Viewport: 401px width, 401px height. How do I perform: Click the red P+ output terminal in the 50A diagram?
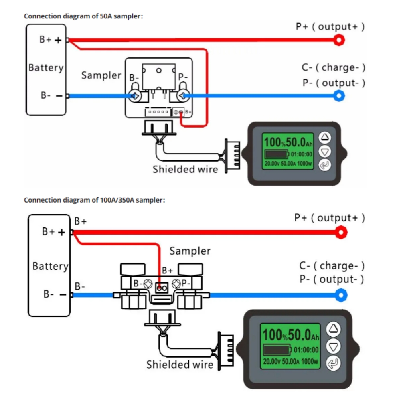tap(339, 40)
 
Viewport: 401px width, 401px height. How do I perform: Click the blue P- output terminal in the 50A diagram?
tap(339, 96)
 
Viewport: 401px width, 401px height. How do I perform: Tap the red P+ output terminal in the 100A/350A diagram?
tap(340, 232)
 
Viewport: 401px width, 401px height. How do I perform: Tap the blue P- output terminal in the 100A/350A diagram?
tap(340, 296)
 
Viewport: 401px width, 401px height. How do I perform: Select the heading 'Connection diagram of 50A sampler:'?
tap(83, 16)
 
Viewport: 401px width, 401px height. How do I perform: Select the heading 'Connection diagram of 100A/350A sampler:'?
tap(94, 200)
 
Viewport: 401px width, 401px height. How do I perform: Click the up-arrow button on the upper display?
tap(325, 138)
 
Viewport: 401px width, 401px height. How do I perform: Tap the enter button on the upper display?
tap(325, 165)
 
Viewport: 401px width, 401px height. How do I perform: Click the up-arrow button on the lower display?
tap(334, 329)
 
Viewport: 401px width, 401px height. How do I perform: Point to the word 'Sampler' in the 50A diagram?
tap(101, 75)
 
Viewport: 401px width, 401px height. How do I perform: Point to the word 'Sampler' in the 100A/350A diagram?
tap(190, 251)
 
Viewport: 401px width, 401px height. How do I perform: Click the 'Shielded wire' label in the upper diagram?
tap(185, 169)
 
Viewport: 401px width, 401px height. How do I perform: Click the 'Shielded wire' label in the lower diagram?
tap(180, 365)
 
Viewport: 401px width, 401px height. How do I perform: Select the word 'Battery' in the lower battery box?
tap(51, 266)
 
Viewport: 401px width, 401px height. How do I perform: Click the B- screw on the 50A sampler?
tap(135, 96)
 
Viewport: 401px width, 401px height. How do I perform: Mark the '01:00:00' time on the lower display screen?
tap(306, 350)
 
